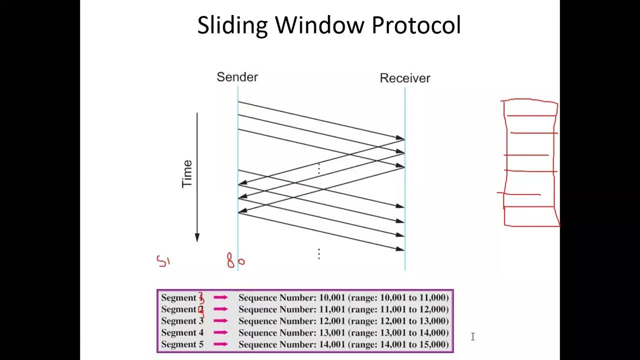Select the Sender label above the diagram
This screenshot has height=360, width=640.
click(237, 77)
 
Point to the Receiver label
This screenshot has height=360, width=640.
click(404, 78)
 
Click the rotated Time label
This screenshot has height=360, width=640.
click(187, 173)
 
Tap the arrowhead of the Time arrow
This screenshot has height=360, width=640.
click(197, 237)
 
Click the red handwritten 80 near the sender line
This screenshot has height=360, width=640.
click(235, 260)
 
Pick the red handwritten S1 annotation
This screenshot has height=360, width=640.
click(163, 261)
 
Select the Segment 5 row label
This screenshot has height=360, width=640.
click(182, 344)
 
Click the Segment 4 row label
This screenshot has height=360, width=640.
click(182, 332)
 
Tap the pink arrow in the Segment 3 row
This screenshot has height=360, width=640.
click(220, 321)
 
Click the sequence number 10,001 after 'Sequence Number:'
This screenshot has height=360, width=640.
click(332, 297)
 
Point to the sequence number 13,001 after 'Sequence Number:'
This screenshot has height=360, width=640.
click(332, 332)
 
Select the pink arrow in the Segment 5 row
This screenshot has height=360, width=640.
click(220, 344)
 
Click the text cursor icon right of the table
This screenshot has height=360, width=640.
click(472, 337)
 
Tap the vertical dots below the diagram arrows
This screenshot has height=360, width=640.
click(318, 254)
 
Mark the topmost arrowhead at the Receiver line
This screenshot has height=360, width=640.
click(400, 138)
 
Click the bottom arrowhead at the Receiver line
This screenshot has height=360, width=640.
click(400, 249)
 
